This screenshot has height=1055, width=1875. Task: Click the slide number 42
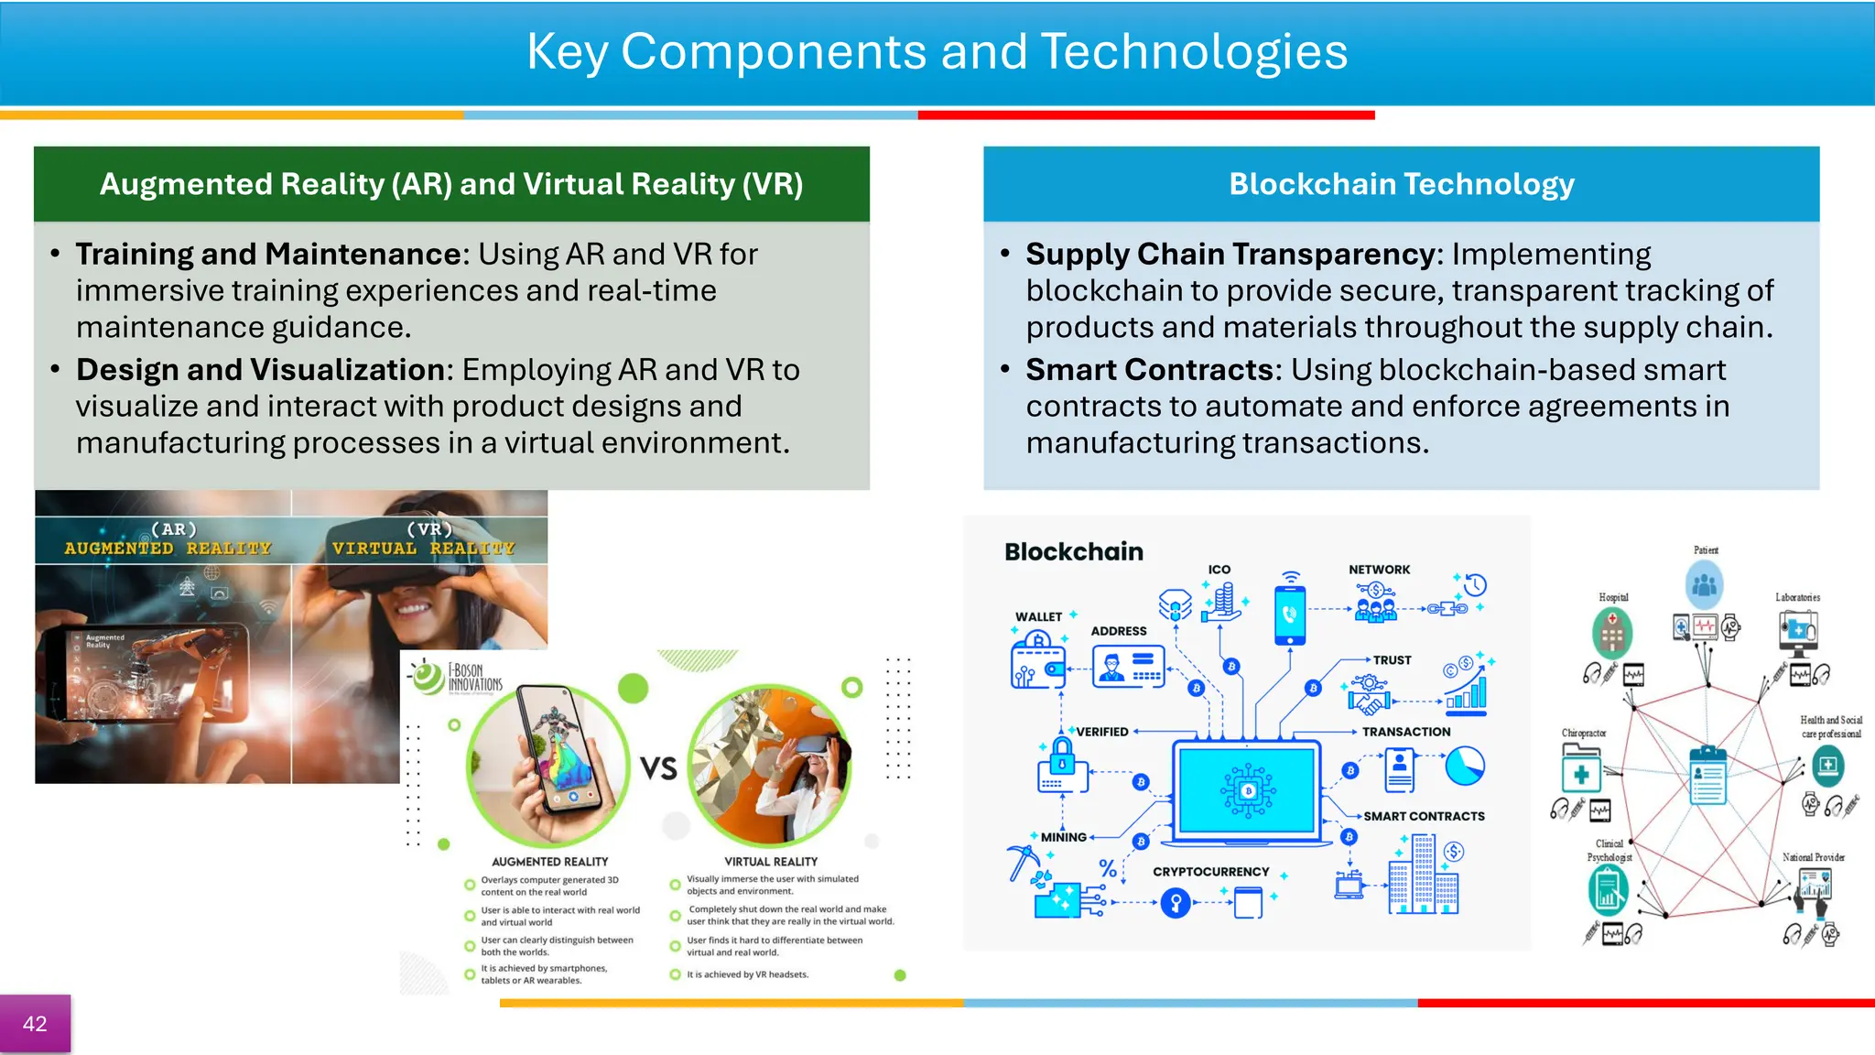click(35, 1024)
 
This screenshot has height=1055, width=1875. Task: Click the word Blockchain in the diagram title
click(1074, 551)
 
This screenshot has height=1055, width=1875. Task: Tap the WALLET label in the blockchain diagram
click(1038, 616)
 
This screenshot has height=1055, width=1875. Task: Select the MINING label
click(1063, 837)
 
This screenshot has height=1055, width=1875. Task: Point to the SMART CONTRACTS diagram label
click(1424, 816)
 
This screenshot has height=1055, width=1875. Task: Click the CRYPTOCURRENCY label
click(1210, 872)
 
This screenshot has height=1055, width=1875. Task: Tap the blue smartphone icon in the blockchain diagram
click(1290, 614)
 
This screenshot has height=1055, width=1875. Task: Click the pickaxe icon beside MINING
click(1023, 862)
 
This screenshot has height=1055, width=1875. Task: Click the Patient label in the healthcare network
click(1706, 550)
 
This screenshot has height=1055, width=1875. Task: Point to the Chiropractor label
click(1584, 733)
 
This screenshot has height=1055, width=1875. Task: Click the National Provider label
click(1813, 857)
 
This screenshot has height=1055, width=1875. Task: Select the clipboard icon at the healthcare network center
click(1707, 775)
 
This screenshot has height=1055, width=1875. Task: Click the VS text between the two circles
click(658, 767)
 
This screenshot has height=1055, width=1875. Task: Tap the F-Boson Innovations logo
click(456, 678)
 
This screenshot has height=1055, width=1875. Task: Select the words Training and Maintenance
click(270, 254)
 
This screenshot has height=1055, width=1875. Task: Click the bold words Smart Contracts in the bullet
click(1149, 369)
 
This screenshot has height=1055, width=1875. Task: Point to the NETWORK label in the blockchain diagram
click(1379, 570)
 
